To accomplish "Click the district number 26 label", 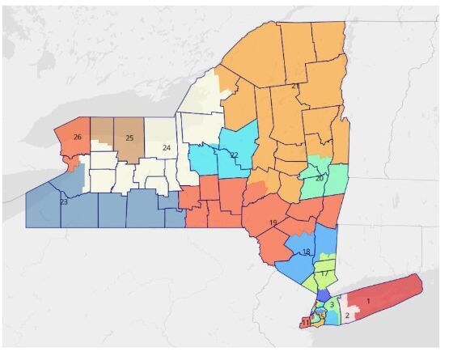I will coord(77,137).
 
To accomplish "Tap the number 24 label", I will coord(166,148).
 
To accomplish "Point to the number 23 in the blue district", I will coord(62,201).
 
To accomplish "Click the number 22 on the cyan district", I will coord(234,155).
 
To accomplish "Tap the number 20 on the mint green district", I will coord(320,178).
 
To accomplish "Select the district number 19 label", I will coord(273,222).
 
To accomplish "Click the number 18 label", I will coord(305,252).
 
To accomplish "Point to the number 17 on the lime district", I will coord(324,273).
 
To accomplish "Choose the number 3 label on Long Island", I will coord(332,304).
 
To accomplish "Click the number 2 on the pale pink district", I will coord(347,316).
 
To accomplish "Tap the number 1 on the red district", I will coord(368,301).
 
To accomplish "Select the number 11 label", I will coord(306,323).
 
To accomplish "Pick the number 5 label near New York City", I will coord(322,315).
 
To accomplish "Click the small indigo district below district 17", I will coord(323,294).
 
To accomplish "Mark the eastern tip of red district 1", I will coord(421,278).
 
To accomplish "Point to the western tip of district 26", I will coord(55,132).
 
